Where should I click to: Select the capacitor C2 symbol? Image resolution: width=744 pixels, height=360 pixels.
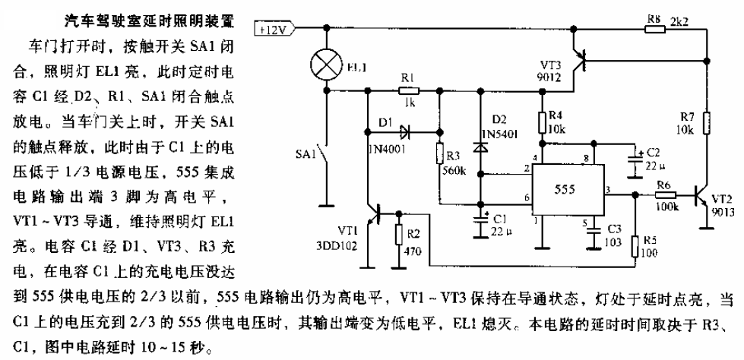(x=634, y=159)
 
